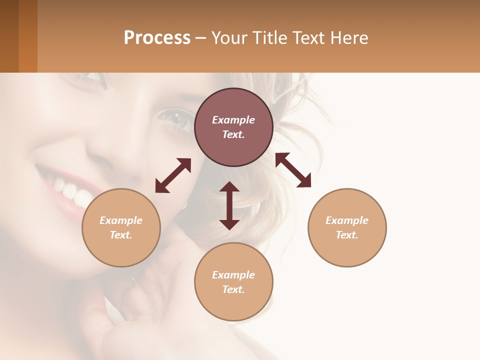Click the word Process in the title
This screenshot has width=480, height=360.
pos(157,38)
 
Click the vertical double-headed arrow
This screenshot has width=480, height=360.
pos(229,205)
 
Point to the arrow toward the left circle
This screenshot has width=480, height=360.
pos(173,175)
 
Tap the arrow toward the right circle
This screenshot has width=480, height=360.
pos(293,170)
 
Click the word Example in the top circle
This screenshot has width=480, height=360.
pos(233,120)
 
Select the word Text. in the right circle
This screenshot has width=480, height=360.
pos(347,235)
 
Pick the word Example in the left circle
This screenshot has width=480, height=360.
pos(121,220)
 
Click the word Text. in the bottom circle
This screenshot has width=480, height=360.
pos(233,289)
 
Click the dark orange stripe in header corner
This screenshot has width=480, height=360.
pos(28,36)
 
